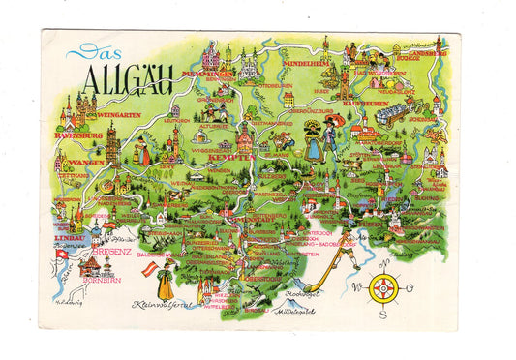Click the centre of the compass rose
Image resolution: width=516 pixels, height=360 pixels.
click(x=382, y=286)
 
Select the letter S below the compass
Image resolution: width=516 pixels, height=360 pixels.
click(x=382, y=313)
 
